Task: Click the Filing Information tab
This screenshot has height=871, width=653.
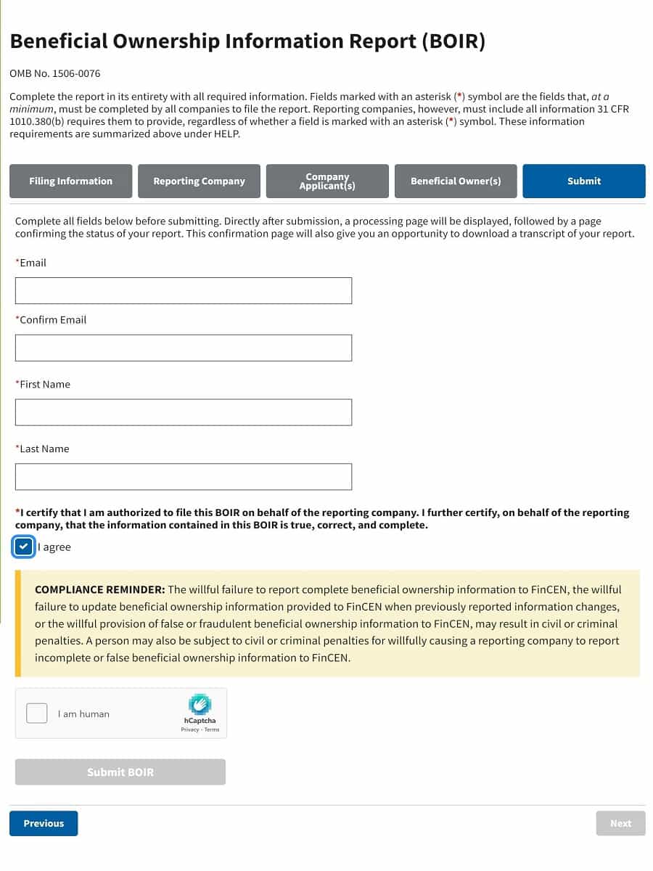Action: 71,181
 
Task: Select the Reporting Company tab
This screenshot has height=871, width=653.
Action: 199,181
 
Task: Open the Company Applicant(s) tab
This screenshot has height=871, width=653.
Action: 327,181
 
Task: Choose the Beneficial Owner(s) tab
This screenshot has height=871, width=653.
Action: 456,181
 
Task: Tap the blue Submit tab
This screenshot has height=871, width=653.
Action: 584,181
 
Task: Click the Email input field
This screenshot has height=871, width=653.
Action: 183,290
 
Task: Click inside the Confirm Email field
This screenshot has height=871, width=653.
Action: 183,348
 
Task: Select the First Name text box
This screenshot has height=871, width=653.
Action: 183,412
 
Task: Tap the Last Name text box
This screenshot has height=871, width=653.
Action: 183,477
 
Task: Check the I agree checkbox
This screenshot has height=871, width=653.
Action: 24,547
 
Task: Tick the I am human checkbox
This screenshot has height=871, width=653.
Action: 37,713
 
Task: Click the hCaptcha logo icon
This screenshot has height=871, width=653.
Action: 200,704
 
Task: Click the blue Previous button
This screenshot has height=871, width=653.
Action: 44,823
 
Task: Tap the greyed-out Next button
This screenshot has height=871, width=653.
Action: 620,823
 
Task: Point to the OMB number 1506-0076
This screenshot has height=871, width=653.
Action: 55,74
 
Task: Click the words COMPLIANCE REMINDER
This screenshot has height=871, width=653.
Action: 100,589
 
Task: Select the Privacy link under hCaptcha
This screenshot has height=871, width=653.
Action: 189,729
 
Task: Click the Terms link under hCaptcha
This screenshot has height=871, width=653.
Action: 212,729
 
